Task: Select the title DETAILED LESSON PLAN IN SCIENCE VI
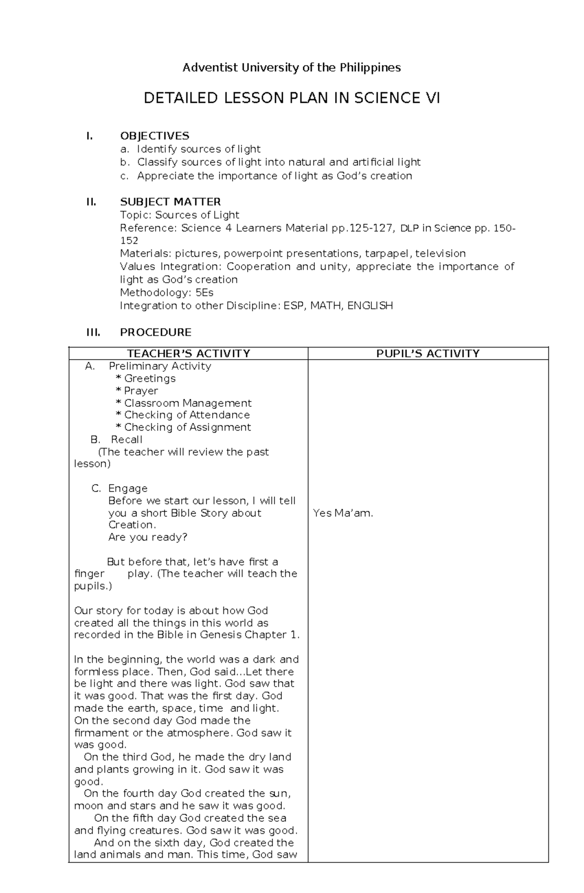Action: coord(292,98)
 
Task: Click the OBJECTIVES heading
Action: coord(155,136)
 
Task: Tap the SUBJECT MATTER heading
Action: coord(170,201)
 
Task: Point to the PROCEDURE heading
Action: coord(156,332)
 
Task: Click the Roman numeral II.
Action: coord(91,201)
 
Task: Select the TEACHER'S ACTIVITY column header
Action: coord(188,353)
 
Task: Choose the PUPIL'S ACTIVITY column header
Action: coord(428,353)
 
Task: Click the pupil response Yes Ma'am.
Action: coord(343,513)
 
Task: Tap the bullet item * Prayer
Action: coord(137,391)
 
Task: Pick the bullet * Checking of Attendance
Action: coord(183,415)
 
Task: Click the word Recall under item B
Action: coord(127,439)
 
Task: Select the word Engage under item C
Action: coord(128,488)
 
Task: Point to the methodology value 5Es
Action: coord(204,292)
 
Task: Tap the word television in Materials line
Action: coord(440,254)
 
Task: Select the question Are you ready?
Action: coord(147,537)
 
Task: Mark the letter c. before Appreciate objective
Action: coord(125,176)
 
